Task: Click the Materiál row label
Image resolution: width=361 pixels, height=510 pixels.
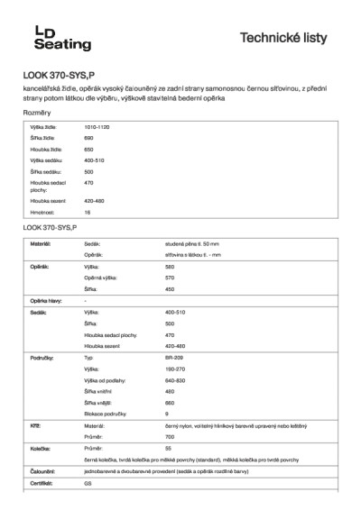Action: tap(41, 244)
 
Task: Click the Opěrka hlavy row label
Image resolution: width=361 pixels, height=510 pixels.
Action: tap(46, 300)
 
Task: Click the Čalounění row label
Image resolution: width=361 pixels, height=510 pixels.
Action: tap(44, 470)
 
